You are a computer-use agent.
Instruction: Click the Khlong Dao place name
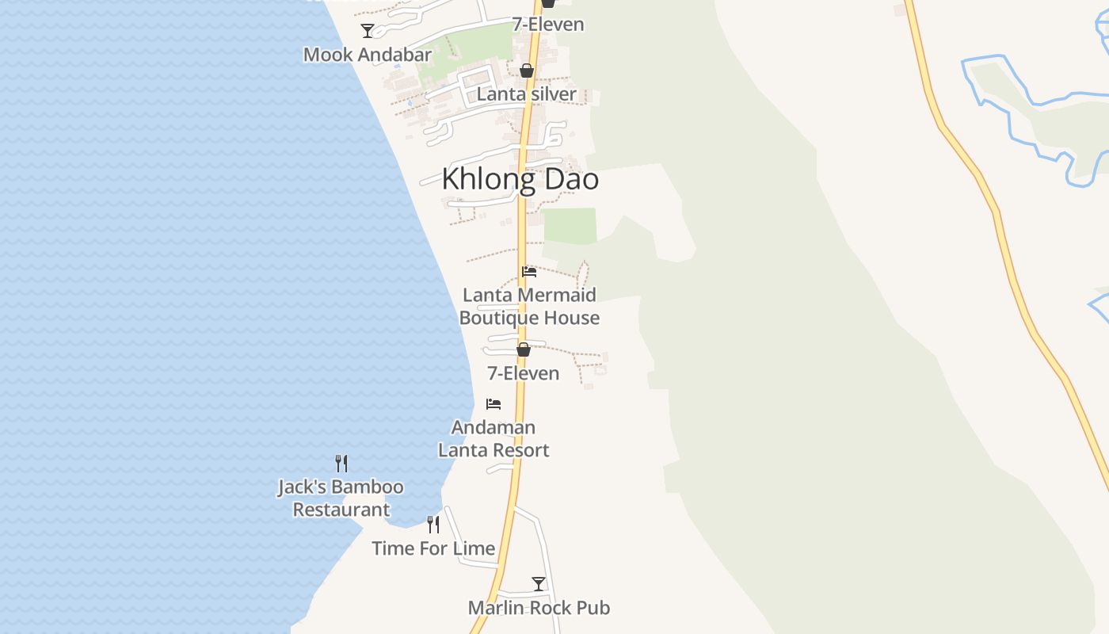coord(520,179)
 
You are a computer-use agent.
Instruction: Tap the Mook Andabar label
coord(368,55)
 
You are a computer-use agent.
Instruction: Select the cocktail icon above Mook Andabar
coord(368,31)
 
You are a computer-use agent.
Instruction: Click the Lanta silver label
coord(527,94)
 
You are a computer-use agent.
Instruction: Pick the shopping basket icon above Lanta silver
coord(527,71)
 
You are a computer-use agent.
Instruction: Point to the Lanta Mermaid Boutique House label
coord(529,307)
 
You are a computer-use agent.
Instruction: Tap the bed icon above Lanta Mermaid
coord(529,272)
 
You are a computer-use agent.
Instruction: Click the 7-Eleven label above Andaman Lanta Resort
coord(524,373)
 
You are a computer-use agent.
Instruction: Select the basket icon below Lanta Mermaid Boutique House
coord(524,349)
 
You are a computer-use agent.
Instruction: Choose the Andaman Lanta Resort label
coord(494,439)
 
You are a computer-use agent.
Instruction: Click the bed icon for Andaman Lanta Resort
coord(494,404)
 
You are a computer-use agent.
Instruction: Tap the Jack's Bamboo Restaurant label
coord(341,498)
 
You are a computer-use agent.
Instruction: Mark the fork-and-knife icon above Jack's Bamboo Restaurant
coord(341,463)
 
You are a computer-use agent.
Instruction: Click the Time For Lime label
coord(433,548)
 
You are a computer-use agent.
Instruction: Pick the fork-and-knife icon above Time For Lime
coord(433,525)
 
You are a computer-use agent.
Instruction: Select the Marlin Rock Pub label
coord(539,608)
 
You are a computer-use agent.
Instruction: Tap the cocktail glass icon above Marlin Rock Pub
coord(539,584)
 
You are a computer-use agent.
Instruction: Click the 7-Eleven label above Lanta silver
coord(548,25)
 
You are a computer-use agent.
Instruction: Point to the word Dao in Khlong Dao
coord(569,179)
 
